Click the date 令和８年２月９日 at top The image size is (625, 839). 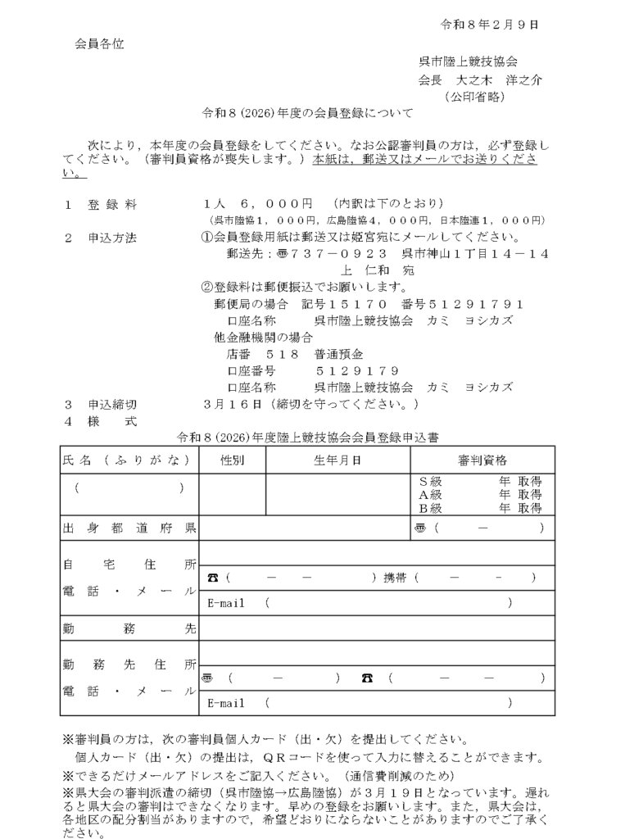490,24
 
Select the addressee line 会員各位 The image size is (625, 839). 100,42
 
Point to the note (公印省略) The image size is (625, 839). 474,97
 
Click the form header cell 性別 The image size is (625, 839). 232,460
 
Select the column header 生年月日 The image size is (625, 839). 337,460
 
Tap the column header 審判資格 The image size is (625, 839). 482,460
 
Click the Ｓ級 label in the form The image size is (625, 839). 431,481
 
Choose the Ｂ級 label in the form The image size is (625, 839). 431,508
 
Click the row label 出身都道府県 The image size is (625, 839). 128,528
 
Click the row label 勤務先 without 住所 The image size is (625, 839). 128,629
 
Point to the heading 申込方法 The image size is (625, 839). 112,238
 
